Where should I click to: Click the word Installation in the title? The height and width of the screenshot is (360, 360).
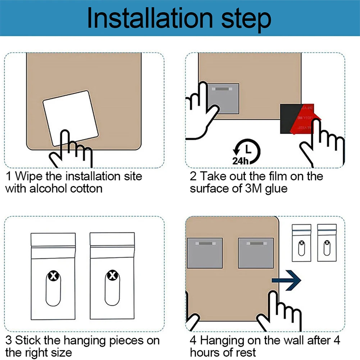click(x=150, y=18)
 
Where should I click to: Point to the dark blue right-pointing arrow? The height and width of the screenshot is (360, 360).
click(x=287, y=280)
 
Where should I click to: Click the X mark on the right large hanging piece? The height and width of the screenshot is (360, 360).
click(x=112, y=275)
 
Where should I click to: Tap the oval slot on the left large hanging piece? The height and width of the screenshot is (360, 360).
click(x=53, y=288)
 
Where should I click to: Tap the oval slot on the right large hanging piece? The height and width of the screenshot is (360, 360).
click(x=112, y=288)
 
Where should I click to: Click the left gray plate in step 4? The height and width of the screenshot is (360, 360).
click(x=205, y=253)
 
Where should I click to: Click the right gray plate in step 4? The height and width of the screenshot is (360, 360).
click(x=256, y=253)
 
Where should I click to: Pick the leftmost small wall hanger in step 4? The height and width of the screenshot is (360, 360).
click(x=301, y=243)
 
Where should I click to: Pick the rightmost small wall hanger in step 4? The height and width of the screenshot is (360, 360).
click(x=327, y=243)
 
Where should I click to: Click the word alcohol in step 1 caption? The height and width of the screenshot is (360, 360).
click(x=49, y=189)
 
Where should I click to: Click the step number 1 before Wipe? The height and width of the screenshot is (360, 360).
click(x=9, y=176)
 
